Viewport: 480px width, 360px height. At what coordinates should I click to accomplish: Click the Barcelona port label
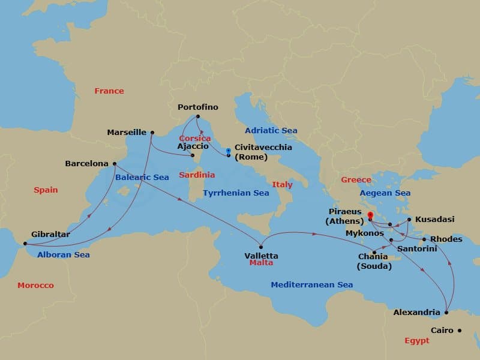(86, 163)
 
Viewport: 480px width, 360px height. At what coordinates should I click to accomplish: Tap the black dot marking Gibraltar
(25, 244)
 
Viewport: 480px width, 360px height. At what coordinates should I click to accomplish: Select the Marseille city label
(127, 132)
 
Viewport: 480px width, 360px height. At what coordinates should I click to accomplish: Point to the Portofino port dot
(197, 116)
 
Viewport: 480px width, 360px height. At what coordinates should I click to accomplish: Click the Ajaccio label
(193, 146)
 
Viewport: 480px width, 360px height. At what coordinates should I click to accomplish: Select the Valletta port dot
(261, 246)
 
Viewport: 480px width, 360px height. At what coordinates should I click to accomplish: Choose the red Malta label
(261, 263)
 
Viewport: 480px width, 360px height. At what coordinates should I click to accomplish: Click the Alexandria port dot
(446, 312)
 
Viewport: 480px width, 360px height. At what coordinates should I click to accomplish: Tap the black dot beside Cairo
(460, 330)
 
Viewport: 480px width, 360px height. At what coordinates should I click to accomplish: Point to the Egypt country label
(416, 340)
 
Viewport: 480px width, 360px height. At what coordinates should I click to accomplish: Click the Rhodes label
(446, 239)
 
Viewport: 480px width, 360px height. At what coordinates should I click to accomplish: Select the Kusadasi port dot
(409, 220)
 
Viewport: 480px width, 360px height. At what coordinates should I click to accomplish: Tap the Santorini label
(417, 248)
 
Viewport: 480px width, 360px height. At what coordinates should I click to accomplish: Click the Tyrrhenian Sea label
(236, 193)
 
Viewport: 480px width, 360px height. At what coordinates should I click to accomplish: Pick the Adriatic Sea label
(271, 130)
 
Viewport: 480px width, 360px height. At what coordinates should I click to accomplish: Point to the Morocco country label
(35, 285)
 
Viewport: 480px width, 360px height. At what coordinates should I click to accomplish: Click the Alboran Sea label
(63, 254)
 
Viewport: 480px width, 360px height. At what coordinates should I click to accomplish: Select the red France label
(109, 91)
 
